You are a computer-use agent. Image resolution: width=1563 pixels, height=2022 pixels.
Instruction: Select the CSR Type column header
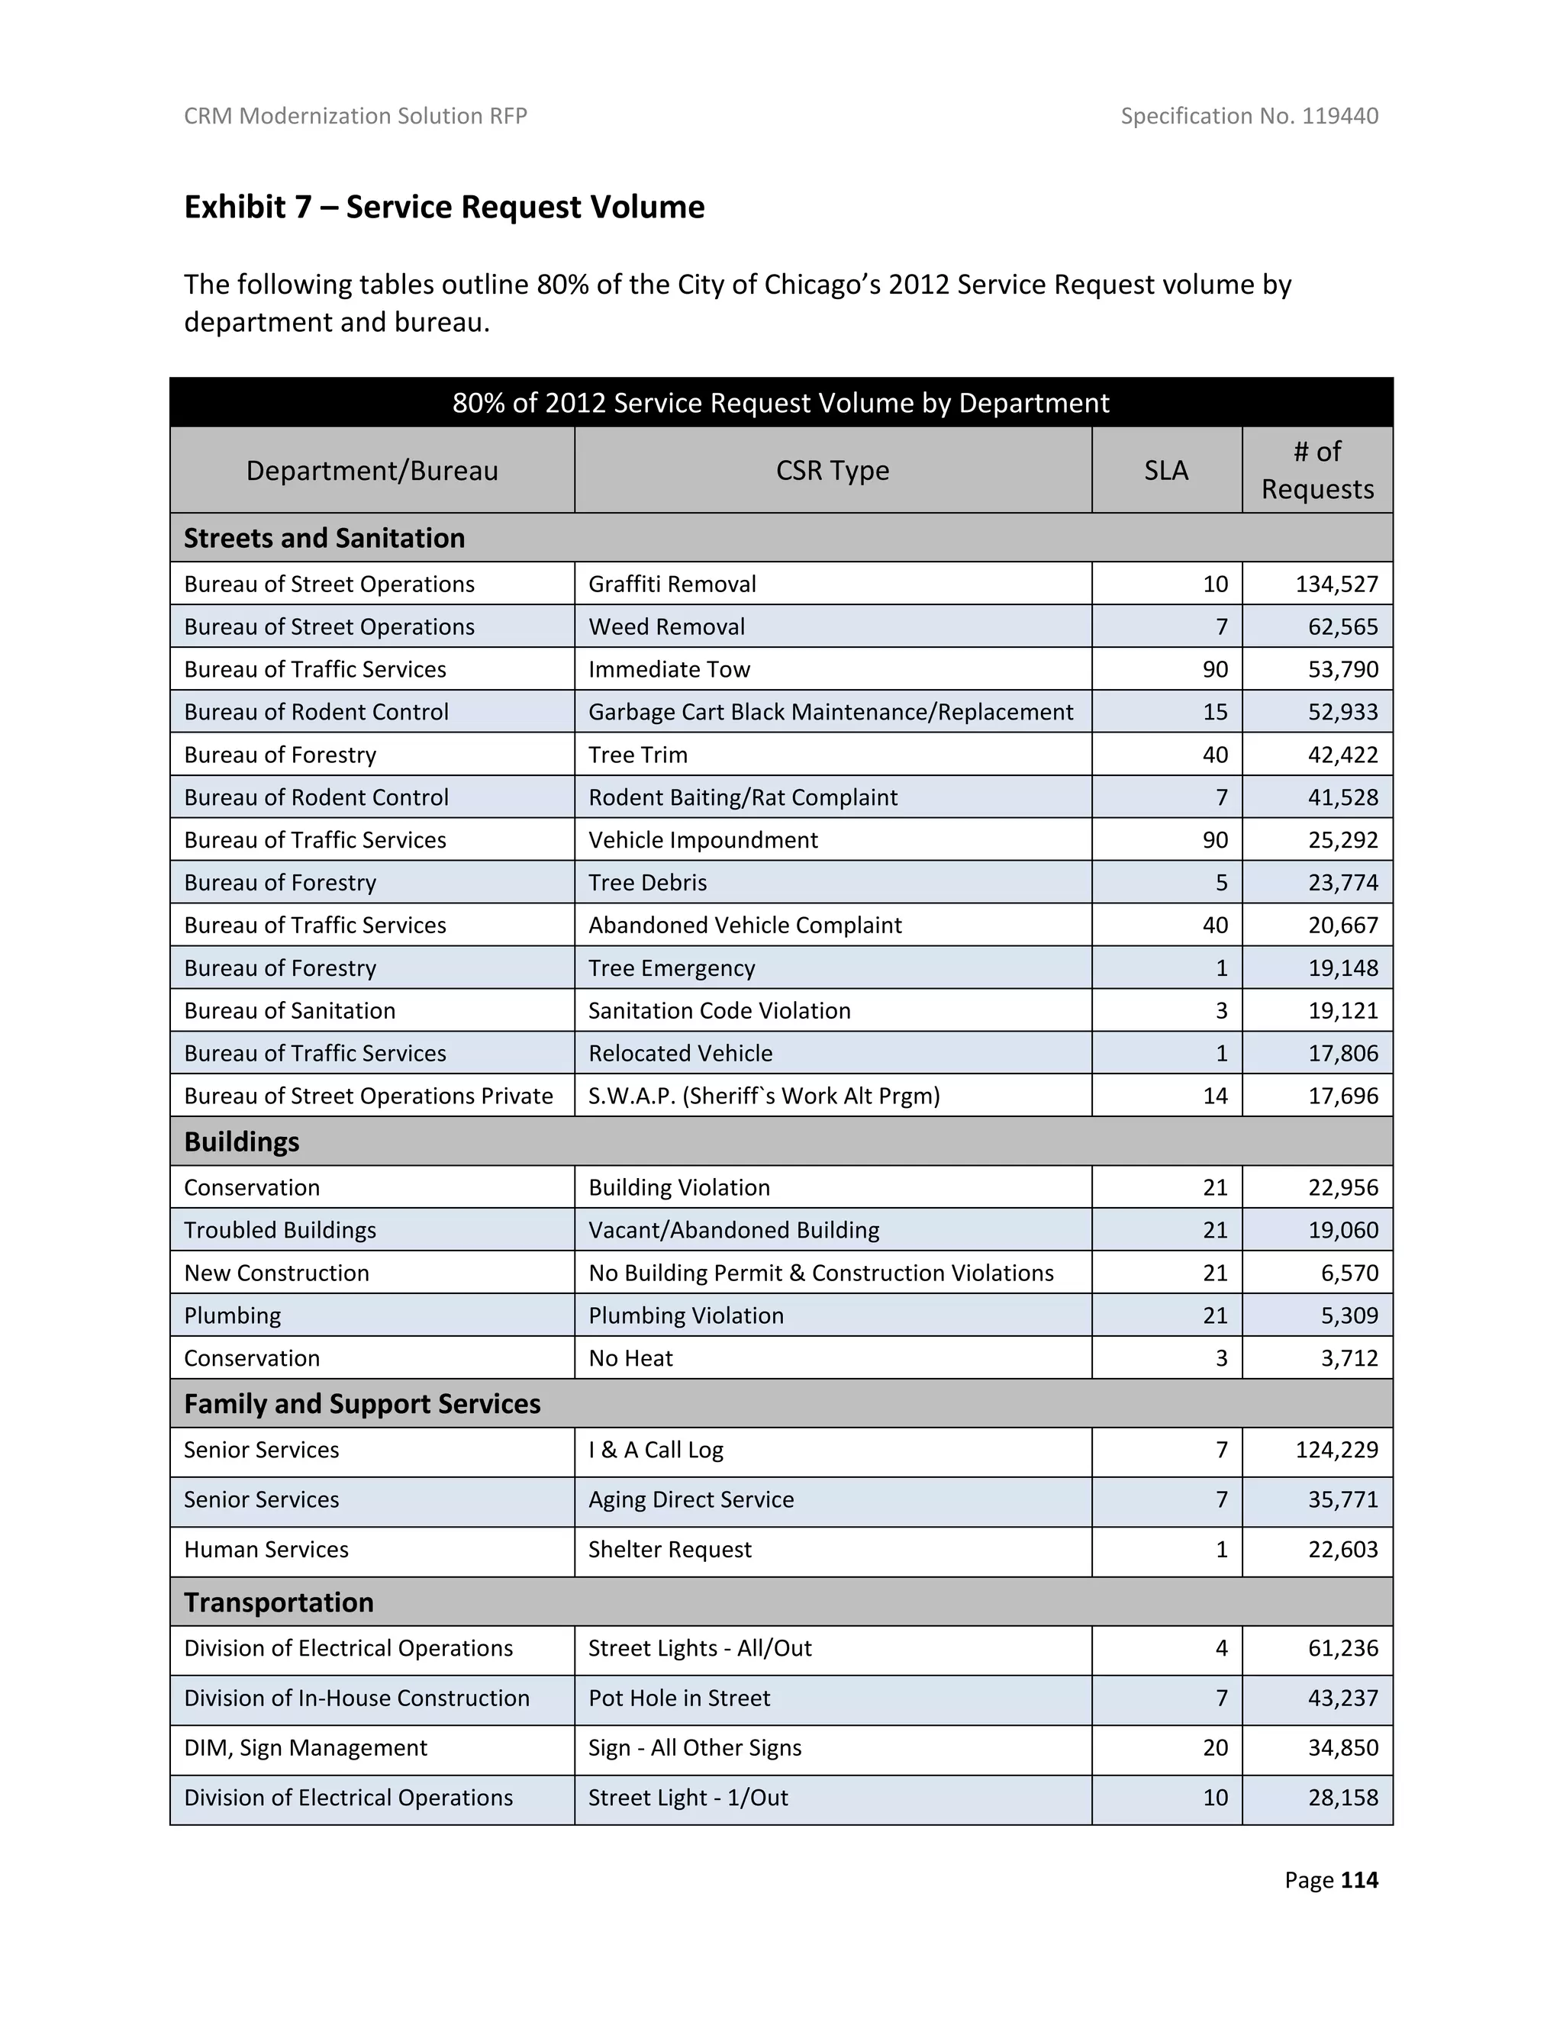pyautogui.click(x=832, y=470)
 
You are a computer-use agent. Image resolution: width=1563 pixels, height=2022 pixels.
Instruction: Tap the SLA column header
pyautogui.click(x=1166, y=470)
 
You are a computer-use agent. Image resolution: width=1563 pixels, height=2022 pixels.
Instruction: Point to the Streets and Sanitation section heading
pyautogui.click(x=324, y=538)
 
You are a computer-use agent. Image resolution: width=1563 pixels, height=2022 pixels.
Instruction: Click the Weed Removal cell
pyautogui.click(x=667, y=626)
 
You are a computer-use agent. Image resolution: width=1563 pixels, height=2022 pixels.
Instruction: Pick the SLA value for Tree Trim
pyautogui.click(x=1215, y=755)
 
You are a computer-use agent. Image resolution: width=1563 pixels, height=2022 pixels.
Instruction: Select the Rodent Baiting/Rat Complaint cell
pyautogui.click(x=743, y=797)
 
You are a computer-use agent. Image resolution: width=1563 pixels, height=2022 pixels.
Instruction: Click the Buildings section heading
pyautogui.click(x=242, y=1141)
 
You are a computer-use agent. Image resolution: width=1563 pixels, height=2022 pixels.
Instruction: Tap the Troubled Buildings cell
pyautogui.click(x=279, y=1231)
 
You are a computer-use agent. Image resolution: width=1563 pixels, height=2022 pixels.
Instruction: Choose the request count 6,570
pyautogui.click(x=1349, y=1273)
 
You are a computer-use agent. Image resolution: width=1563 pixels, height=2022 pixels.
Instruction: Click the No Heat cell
pyautogui.click(x=630, y=1358)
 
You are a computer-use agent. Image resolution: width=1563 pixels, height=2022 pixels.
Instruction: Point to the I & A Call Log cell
pyautogui.click(x=656, y=1450)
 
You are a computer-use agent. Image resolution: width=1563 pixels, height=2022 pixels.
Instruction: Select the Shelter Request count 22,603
pyautogui.click(x=1342, y=1550)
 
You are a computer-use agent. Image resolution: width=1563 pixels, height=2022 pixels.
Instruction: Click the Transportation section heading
pyautogui.click(x=279, y=1602)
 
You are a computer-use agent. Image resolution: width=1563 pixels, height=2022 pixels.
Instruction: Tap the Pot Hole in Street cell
pyautogui.click(x=678, y=1698)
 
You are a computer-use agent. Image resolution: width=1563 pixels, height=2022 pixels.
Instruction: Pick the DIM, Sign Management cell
pyautogui.click(x=305, y=1748)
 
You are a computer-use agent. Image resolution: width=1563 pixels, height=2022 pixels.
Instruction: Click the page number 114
pyautogui.click(x=1358, y=1880)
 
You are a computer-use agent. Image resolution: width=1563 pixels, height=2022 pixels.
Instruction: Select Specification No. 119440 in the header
pyautogui.click(x=1249, y=116)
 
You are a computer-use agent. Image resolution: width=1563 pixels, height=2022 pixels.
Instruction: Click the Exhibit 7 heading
pyautogui.click(x=444, y=207)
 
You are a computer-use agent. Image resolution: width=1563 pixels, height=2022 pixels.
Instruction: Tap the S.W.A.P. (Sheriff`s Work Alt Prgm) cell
pyautogui.click(x=764, y=1096)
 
